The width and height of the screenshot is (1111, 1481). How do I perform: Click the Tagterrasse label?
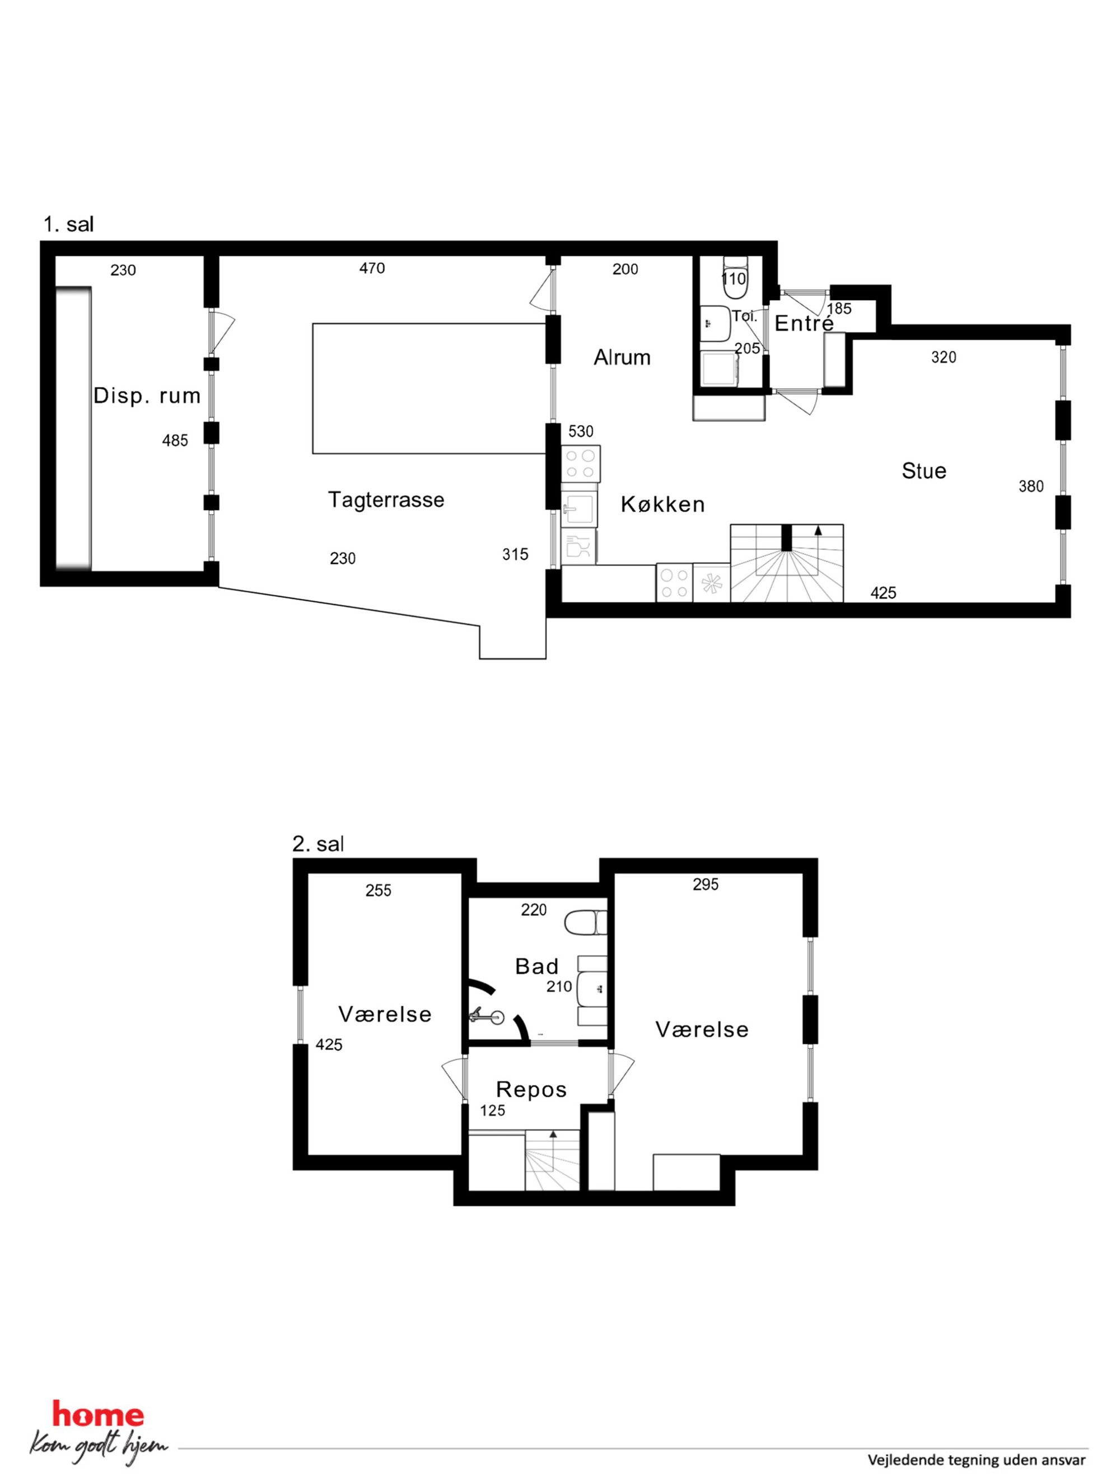pos(386,500)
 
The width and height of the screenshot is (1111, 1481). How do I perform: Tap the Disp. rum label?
pos(147,396)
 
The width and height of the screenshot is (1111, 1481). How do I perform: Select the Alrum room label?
pos(622,358)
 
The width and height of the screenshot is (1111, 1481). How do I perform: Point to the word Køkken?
pos(663,504)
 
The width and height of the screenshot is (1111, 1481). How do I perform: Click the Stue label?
pos(924,471)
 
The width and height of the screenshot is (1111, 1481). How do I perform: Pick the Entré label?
pos(804,324)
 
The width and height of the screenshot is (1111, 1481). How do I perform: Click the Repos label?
pos(531,1090)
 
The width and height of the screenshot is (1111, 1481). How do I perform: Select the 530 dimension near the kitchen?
pos(581,431)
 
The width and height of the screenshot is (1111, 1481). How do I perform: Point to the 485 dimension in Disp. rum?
pos(175,441)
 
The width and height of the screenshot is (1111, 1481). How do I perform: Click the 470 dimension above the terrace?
pos(372,268)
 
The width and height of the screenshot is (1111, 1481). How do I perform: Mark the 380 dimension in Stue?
pos(1030,487)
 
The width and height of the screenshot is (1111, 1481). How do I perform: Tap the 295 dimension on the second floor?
pos(705,885)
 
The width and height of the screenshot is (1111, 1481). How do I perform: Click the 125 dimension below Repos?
pos(492,1111)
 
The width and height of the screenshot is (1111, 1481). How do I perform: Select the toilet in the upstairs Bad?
pos(585,923)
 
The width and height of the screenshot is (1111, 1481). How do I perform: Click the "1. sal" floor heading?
pos(68,225)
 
